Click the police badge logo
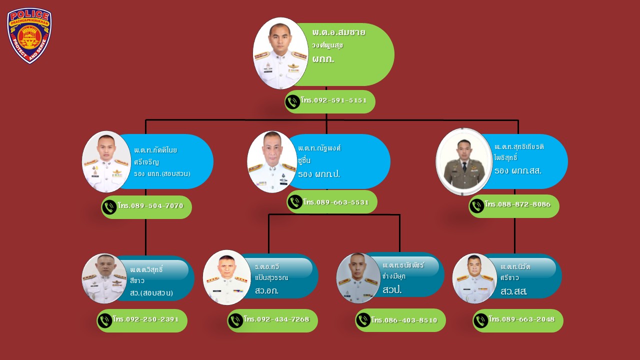tap(29, 35)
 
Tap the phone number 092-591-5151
tap(333, 100)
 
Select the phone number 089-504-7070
tap(150, 206)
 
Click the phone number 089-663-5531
tap(335, 202)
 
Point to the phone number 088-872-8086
tap(517, 204)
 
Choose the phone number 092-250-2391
tap(145, 319)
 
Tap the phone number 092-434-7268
tap(276, 319)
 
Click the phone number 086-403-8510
tap(404, 320)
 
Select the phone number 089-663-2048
tap(521, 319)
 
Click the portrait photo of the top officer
tap(280, 53)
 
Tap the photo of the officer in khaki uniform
tap(464, 162)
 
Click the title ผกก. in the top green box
tap(323, 59)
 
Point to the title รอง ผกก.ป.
tap(318, 175)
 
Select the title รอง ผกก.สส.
tap(517, 171)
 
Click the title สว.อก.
tap(266, 290)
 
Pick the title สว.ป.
tap(392, 290)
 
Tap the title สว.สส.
tap(513, 291)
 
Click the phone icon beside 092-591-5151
tap(292, 102)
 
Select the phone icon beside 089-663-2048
tap(481, 320)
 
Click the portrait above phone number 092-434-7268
tap(227, 277)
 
